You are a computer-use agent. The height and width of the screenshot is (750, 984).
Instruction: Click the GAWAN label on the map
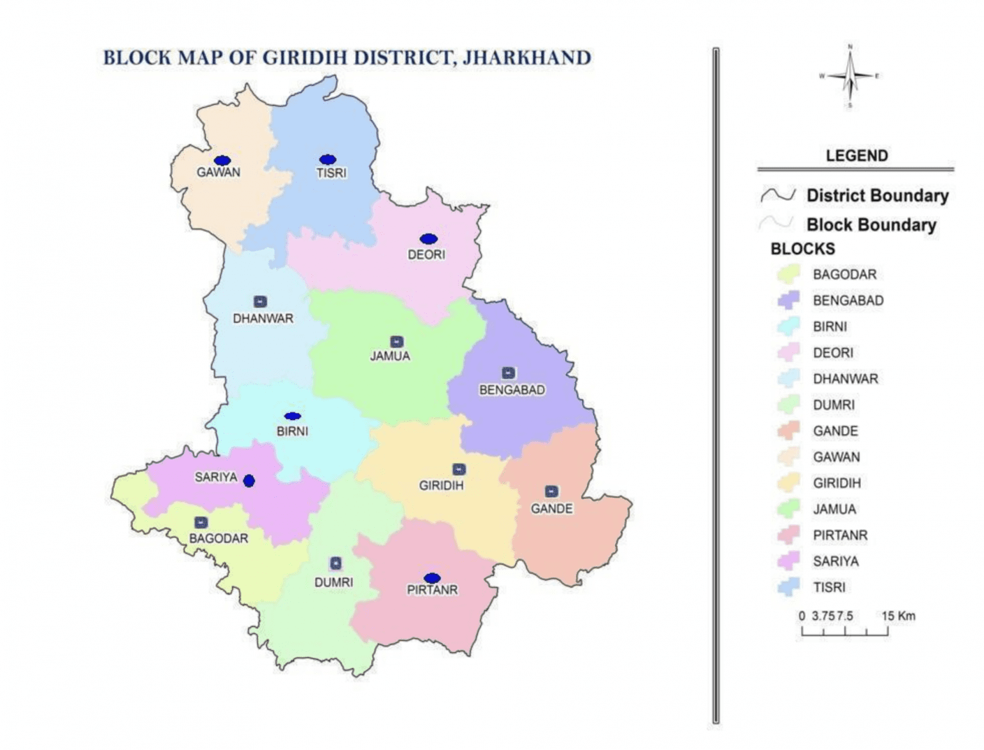click(218, 172)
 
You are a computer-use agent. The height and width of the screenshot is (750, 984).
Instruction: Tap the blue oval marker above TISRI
click(327, 159)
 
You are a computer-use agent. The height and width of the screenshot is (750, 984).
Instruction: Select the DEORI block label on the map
click(426, 254)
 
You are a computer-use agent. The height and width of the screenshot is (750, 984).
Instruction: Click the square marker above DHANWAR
click(260, 302)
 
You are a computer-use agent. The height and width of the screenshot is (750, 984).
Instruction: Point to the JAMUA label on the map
click(389, 356)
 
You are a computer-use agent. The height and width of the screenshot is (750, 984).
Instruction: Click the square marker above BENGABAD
click(509, 373)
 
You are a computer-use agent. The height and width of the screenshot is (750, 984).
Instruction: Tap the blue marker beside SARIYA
click(249, 480)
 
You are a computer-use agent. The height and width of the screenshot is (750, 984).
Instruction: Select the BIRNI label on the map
click(292, 432)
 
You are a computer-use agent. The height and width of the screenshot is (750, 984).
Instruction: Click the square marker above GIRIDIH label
click(459, 469)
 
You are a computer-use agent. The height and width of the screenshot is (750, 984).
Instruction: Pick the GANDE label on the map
click(552, 509)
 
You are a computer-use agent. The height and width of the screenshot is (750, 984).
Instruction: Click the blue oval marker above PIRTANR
click(432, 578)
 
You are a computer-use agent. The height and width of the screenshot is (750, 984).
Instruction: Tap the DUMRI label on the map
click(333, 582)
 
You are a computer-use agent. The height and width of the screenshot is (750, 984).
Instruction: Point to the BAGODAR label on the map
click(218, 538)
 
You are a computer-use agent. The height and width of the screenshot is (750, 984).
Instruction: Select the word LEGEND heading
click(857, 156)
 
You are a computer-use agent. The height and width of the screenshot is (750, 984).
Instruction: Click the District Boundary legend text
click(877, 195)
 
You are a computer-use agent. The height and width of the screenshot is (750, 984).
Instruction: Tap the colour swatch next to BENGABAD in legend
click(788, 301)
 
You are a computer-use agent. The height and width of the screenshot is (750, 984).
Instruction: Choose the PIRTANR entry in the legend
click(840, 535)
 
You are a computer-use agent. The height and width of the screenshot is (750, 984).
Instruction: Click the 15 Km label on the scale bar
click(898, 615)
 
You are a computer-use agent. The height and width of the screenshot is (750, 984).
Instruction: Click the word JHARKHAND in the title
click(527, 58)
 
